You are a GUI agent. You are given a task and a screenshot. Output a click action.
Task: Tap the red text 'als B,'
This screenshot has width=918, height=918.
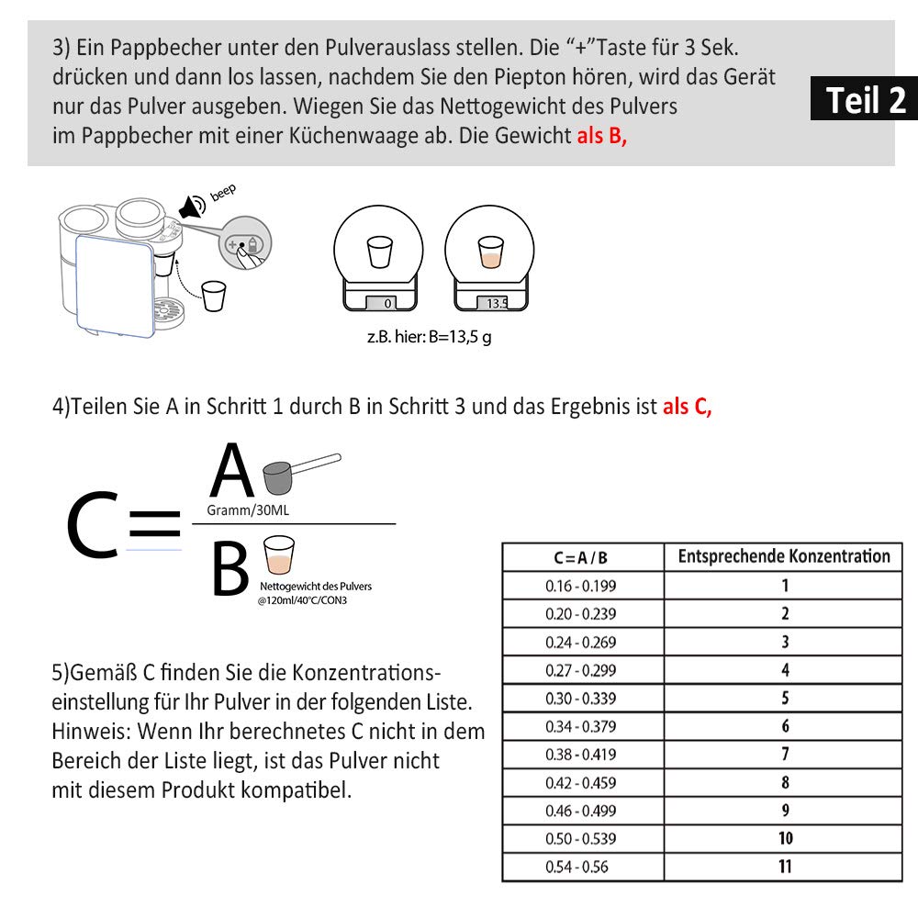pos(602,135)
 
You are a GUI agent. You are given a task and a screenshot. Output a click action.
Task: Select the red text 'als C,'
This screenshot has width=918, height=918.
pos(687,407)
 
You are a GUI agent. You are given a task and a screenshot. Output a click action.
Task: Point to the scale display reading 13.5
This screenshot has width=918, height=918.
pos(497,303)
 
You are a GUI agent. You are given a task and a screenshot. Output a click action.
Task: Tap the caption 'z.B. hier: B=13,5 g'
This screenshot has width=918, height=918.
pos(429,337)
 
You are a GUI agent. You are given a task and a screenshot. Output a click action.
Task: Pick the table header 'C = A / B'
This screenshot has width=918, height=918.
pos(580,557)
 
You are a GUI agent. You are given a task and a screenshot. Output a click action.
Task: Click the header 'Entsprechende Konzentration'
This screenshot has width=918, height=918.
pos(783,556)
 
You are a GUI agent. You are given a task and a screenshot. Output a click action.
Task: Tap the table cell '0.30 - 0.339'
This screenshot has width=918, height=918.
pos(580,699)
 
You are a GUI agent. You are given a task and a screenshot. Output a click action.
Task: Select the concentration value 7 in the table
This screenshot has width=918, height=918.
pos(784,755)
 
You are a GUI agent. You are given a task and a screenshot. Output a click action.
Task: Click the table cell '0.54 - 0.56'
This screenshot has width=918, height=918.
pos(577,867)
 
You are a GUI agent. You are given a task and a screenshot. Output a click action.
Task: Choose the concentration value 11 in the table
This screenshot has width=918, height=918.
pos(784,867)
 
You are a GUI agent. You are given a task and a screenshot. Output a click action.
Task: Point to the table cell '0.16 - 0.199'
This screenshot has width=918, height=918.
pos(580,586)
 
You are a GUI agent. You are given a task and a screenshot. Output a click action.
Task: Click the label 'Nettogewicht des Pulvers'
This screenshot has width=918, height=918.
pos(316,586)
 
